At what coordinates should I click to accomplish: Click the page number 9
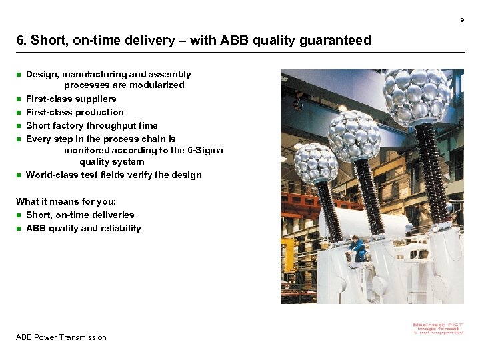(462, 20)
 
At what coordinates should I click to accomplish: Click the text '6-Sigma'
(206, 151)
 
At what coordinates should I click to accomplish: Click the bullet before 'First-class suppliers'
(19, 99)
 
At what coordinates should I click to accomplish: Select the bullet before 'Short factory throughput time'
(19, 126)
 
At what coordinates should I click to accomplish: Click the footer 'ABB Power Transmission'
(61, 337)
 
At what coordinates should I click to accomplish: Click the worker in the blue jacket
(357, 248)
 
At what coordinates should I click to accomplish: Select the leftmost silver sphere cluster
(315, 163)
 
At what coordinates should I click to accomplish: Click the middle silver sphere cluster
(353, 135)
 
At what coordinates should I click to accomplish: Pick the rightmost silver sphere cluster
(416, 97)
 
